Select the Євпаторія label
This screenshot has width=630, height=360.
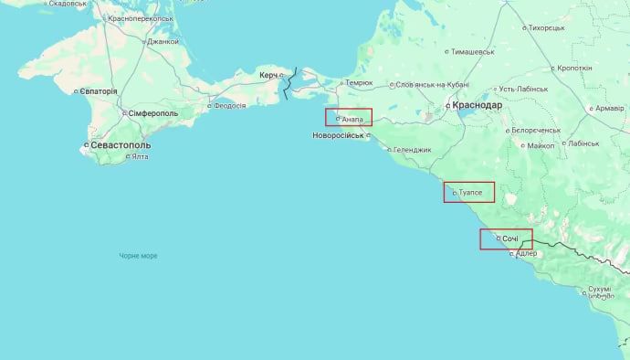(x=98, y=91)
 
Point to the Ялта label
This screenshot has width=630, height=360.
(x=140, y=157)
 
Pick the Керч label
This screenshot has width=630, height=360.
(x=268, y=74)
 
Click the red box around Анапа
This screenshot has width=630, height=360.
(x=349, y=118)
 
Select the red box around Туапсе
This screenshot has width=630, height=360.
(x=468, y=192)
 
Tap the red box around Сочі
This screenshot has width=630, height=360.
(x=506, y=239)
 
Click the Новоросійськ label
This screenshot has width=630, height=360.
(x=338, y=135)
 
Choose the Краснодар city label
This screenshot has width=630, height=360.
(x=478, y=106)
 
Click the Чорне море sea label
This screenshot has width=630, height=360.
(x=138, y=256)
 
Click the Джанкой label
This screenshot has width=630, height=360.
(x=163, y=41)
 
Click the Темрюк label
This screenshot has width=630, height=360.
(x=358, y=83)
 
